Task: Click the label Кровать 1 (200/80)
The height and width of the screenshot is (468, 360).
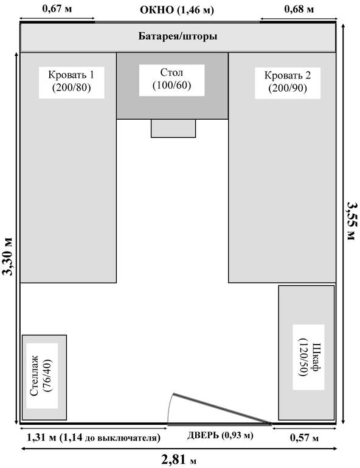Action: point(71,81)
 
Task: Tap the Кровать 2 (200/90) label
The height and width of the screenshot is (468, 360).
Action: point(288,82)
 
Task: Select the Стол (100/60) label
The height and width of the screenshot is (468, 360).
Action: point(171,79)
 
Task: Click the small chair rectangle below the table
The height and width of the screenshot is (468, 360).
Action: point(173,128)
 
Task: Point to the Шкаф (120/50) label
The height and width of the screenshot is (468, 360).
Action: point(308,357)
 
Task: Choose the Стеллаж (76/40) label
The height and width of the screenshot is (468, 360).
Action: point(42,376)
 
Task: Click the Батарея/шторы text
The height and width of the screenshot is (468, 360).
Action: point(178,36)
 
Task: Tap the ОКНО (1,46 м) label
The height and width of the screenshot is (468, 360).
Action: point(177,10)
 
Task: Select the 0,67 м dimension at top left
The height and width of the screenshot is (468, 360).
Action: point(57,9)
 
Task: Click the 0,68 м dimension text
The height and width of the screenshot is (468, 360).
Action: point(299,9)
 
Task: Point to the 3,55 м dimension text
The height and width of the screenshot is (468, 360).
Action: point(352,221)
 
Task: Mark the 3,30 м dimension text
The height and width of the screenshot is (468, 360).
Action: point(7,256)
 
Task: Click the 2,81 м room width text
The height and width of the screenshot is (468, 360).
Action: point(179,459)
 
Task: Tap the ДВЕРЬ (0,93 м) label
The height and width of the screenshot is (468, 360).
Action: point(220,435)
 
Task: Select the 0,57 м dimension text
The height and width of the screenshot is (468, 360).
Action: point(304,438)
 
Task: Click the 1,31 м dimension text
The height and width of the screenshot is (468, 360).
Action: point(41,438)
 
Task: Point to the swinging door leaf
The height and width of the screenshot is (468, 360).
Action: point(223,409)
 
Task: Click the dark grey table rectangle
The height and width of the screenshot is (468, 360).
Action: point(172,86)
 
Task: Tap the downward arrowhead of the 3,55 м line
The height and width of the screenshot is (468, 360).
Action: point(343,421)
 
